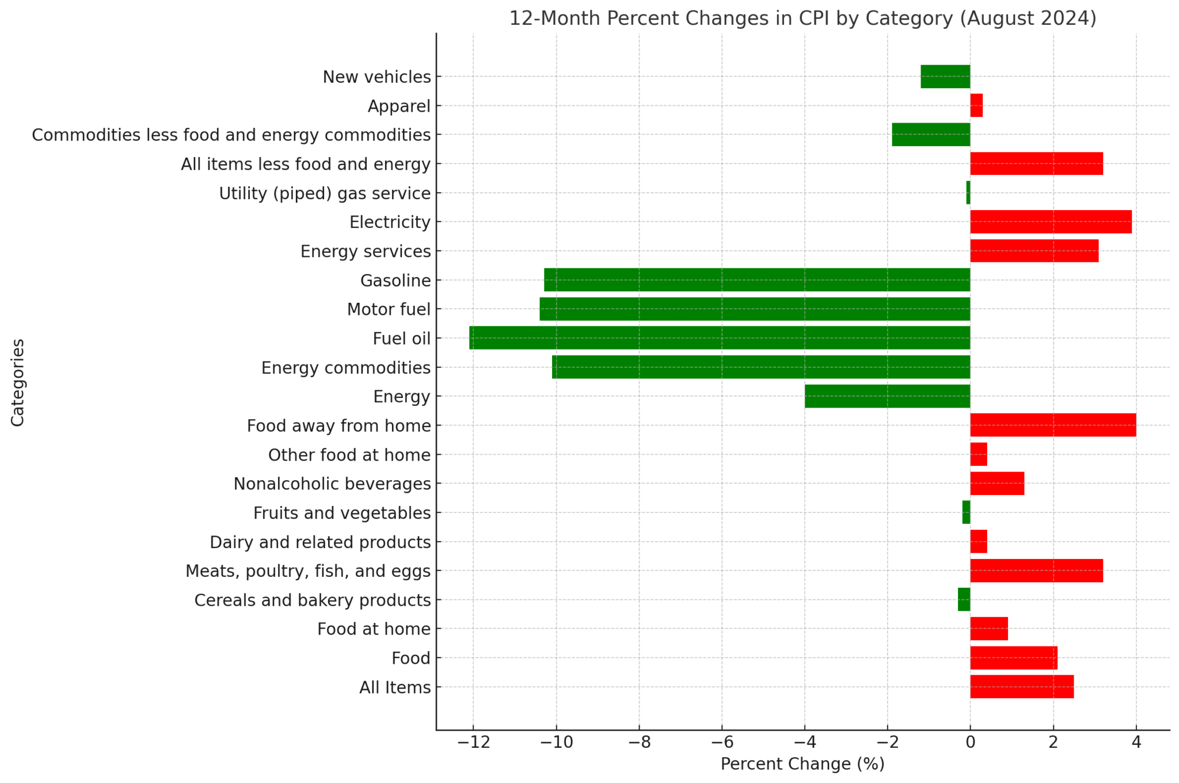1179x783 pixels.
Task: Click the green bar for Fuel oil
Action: tap(720, 338)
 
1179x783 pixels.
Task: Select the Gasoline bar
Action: tap(757, 280)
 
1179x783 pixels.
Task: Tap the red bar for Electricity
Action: tap(1051, 222)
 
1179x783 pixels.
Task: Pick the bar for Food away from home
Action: tap(1053, 425)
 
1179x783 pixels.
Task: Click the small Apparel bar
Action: tap(976, 105)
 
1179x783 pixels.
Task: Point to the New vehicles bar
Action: tap(945, 77)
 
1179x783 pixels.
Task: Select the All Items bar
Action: tap(1022, 686)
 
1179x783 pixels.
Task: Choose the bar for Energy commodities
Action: tap(761, 367)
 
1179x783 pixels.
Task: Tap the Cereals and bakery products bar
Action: tap(964, 599)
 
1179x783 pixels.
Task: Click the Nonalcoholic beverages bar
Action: tap(997, 483)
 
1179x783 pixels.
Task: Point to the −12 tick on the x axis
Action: tap(473, 743)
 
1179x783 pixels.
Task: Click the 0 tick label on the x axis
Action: tap(970, 743)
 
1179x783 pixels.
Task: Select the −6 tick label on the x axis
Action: tap(722, 743)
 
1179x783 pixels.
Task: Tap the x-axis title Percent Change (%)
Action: tap(803, 764)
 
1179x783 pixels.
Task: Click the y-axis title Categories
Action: tap(18, 382)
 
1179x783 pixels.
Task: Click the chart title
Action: tap(803, 18)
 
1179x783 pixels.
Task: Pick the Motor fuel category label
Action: tap(389, 310)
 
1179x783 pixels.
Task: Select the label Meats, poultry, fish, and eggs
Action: tap(308, 571)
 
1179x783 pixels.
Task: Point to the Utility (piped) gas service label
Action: tap(325, 193)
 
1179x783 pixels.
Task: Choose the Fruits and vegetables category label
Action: tap(342, 513)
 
